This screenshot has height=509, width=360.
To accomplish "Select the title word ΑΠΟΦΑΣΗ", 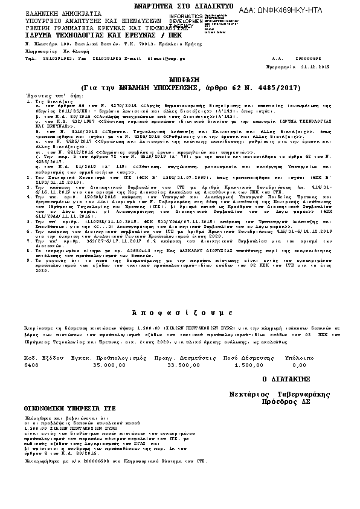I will pyautogui.click(x=179, y=80).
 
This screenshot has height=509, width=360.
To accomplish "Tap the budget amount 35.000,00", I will pyautogui.click(x=109, y=366).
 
